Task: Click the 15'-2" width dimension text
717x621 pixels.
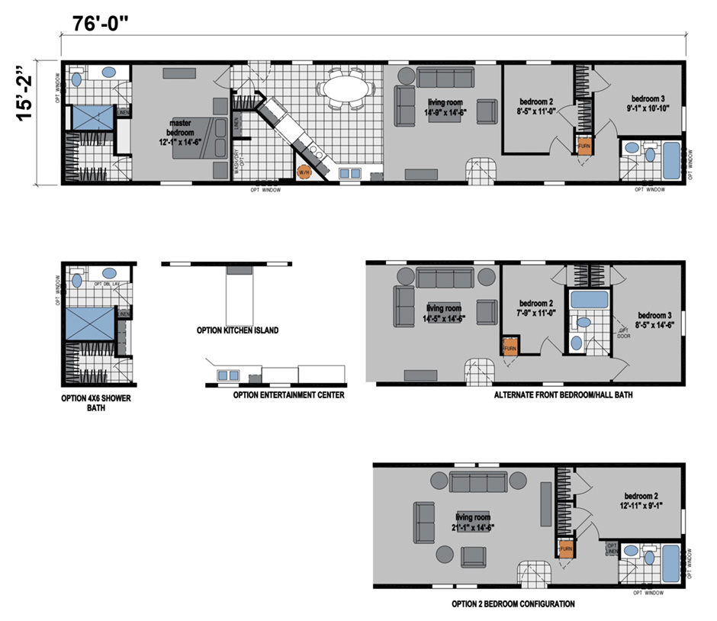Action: [28, 122]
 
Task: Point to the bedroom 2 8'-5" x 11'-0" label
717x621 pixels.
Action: [538, 106]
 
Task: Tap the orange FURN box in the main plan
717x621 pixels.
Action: [584, 146]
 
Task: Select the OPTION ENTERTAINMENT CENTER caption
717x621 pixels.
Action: [288, 395]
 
